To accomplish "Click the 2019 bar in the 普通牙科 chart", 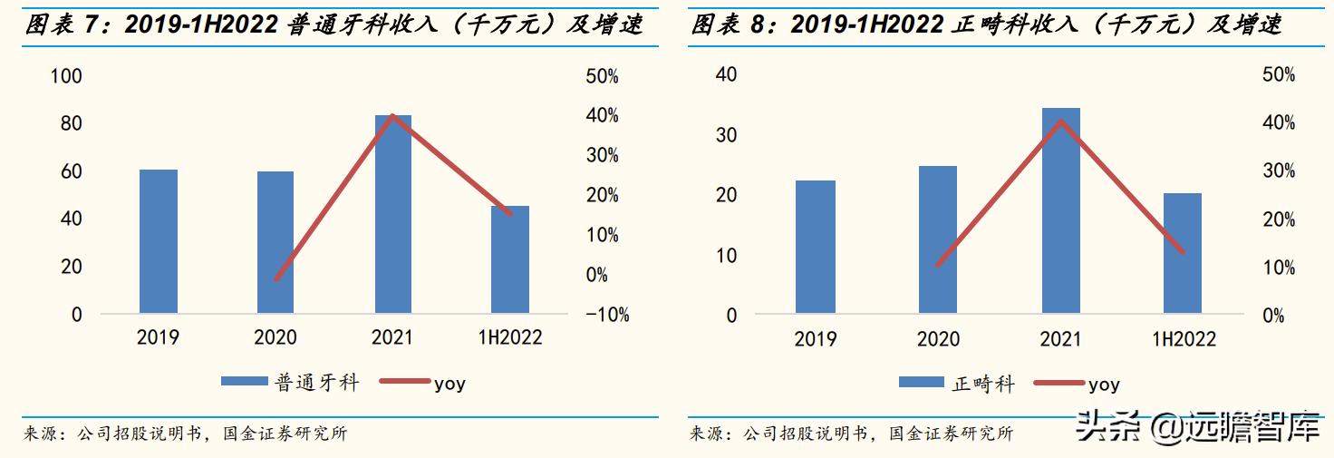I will click(x=159, y=241).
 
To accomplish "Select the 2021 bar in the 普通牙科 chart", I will click(x=392, y=214).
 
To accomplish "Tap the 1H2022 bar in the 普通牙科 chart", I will click(x=510, y=259).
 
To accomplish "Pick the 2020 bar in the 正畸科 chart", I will click(x=938, y=240).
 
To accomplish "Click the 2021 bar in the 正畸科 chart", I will click(x=1060, y=211).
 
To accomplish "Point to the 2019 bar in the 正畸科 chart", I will click(x=816, y=248).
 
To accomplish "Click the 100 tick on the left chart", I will click(x=66, y=76).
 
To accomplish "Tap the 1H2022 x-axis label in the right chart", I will click(x=1184, y=339).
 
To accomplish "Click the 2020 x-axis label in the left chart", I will click(x=275, y=337).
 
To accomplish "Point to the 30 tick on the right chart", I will click(x=726, y=135).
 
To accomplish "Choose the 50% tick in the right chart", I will click(x=1278, y=75).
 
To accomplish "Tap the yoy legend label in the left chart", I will click(x=449, y=383).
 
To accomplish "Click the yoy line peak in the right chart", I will click(x=1060, y=122).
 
